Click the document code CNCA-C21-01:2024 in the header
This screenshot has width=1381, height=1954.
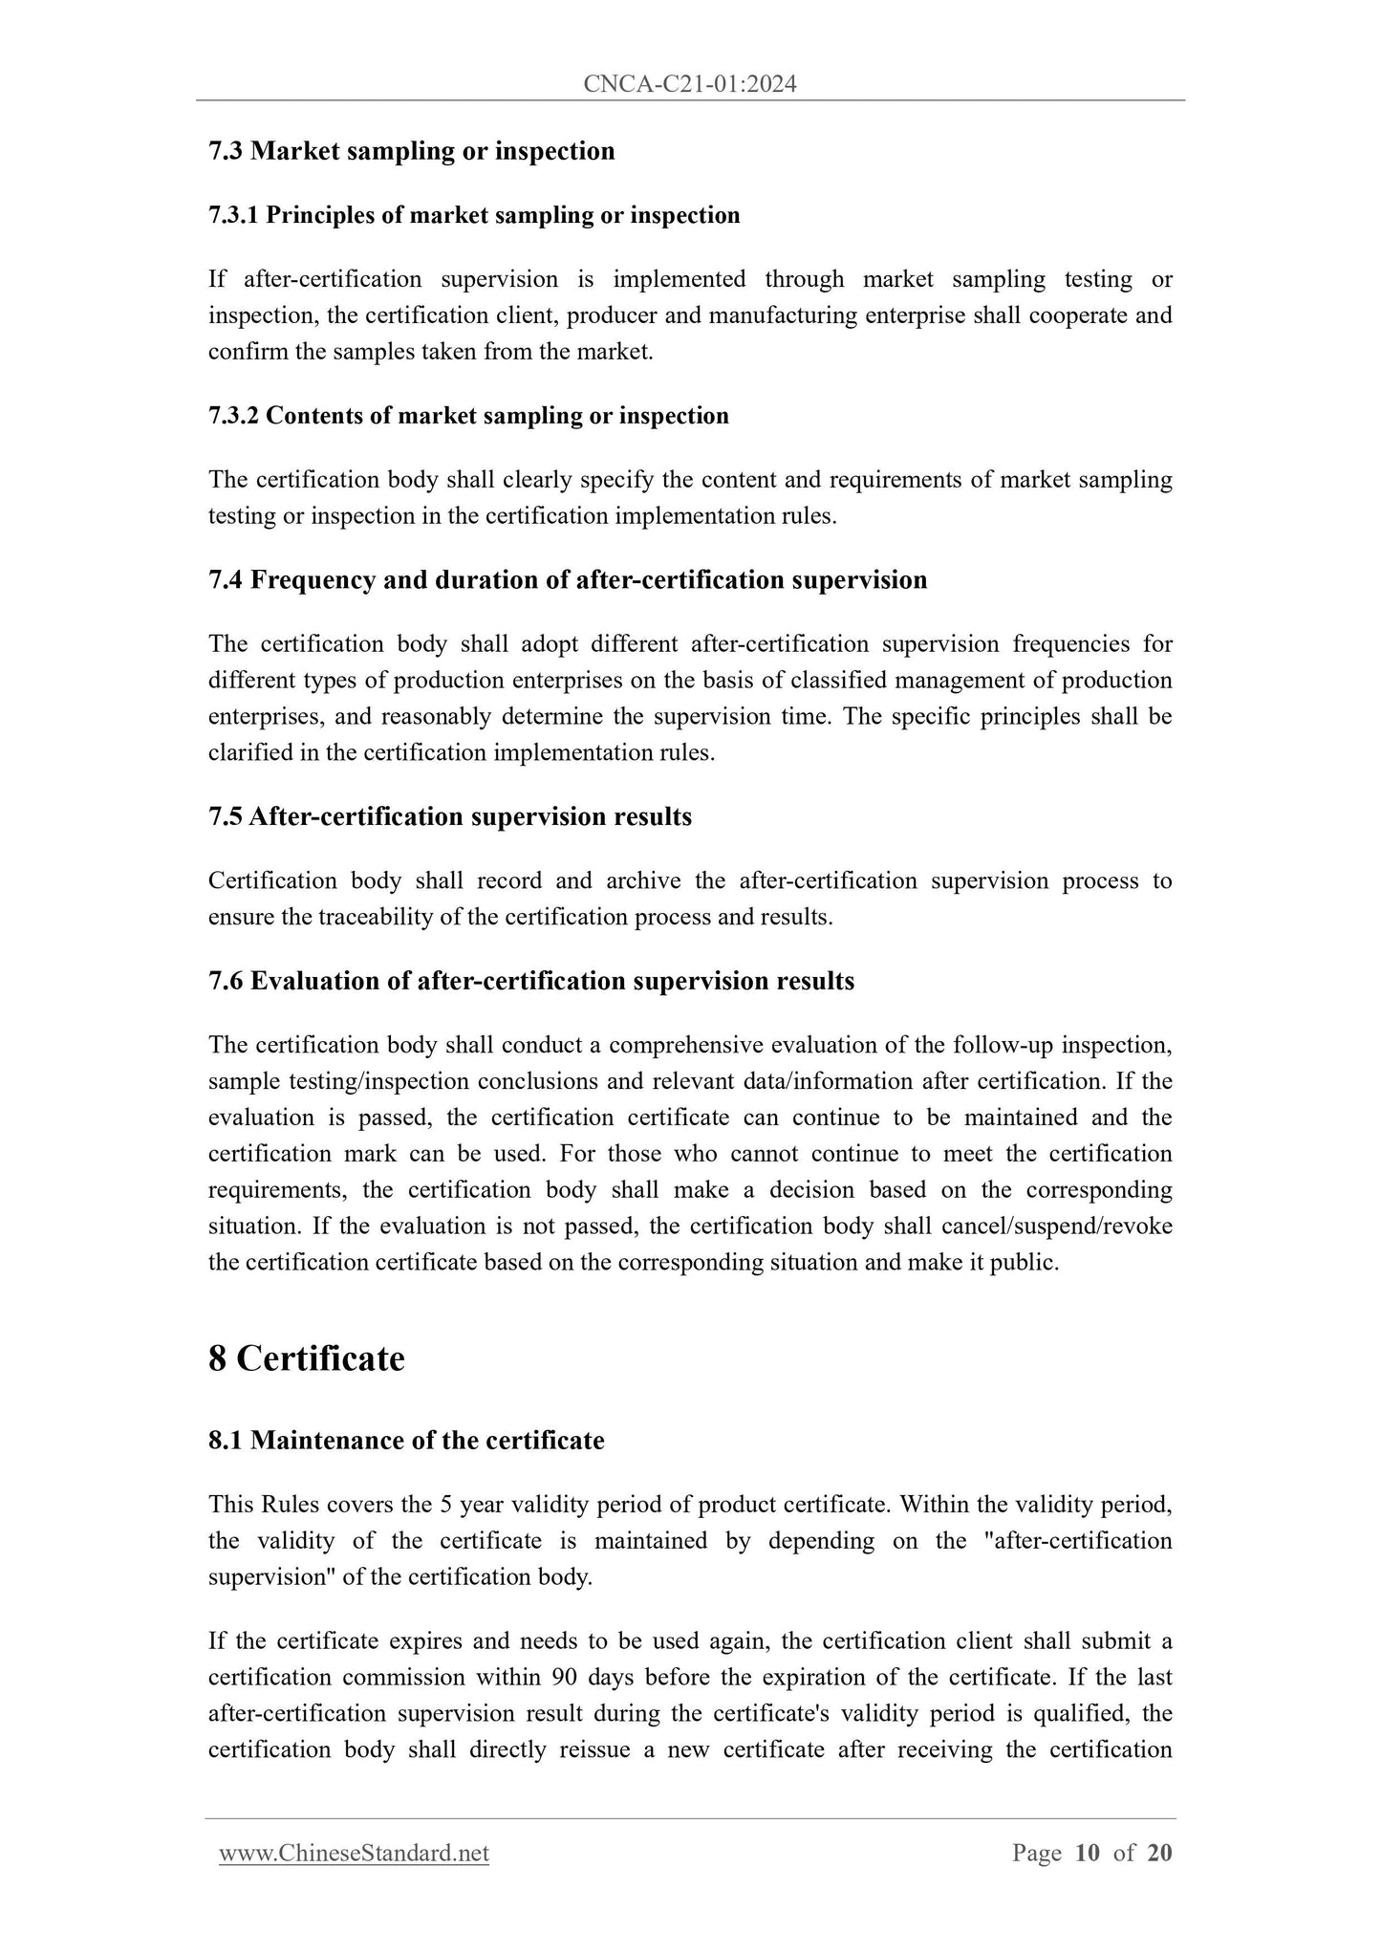pyautogui.click(x=690, y=85)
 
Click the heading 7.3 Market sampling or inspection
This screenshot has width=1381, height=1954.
pyautogui.click(x=411, y=151)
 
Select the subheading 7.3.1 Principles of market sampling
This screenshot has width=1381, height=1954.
pyautogui.click(x=474, y=215)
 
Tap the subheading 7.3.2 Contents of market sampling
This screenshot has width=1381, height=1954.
pyautogui.click(x=468, y=416)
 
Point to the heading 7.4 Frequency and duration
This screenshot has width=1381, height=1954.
pyautogui.click(x=568, y=580)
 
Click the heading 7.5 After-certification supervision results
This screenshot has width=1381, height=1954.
pyautogui.click(x=450, y=816)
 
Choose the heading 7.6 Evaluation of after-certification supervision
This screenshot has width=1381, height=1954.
pyautogui.click(x=531, y=981)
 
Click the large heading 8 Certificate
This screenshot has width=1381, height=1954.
pyautogui.click(x=307, y=1358)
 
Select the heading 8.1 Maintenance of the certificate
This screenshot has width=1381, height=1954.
pyautogui.click(x=406, y=1441)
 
